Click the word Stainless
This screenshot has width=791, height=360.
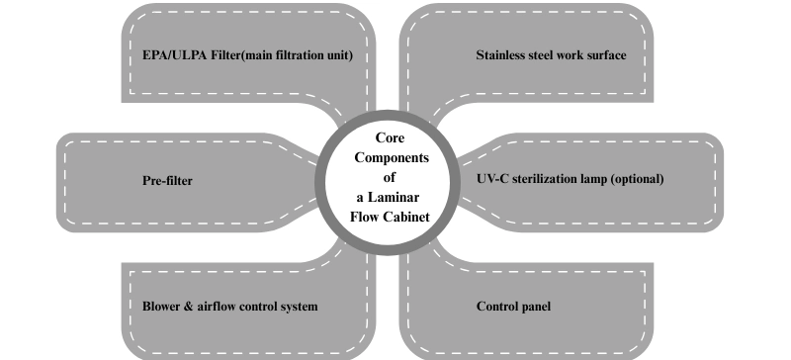click(x=502, y=55)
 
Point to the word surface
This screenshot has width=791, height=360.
click(x=603, y=55)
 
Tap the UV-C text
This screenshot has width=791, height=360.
click(x=492, y=180)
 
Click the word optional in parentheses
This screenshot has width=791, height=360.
click(x=638, y=180)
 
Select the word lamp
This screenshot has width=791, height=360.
click(x=599, y=180)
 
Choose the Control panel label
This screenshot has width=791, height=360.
click(x=513, y=307)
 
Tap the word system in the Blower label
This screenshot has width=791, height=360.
click(x=298, y=307)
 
